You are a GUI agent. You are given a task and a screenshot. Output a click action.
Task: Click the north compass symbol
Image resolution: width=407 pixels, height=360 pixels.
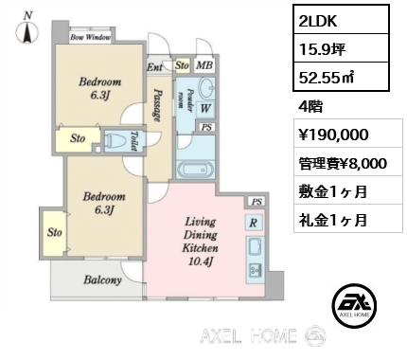click(x=27, y=31)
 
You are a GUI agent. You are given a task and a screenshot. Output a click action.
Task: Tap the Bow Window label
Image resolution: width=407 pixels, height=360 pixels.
click(x=90, y=37)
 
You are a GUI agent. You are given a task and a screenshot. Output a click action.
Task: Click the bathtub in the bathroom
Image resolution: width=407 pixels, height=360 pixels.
click(x=195, y=170)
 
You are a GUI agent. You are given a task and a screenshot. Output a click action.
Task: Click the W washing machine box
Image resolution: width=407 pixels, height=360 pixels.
click(x=205, y=109)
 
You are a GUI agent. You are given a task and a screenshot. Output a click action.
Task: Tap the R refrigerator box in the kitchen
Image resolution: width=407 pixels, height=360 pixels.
click(x=254, y=223)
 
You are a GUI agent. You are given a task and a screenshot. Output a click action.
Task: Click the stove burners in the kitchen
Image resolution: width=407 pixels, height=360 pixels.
click(x=255, y=270)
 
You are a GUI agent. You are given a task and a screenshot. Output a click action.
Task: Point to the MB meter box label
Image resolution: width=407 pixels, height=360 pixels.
click(x=204, y=65)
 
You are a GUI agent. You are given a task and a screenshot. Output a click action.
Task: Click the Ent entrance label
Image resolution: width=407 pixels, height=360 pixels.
click(x=154, y=67)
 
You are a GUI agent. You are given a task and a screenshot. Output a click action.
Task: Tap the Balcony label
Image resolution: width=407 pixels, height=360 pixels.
click(x=102, y=280)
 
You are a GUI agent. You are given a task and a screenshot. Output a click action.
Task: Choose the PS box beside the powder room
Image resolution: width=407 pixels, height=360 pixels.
click(x=206, y=127)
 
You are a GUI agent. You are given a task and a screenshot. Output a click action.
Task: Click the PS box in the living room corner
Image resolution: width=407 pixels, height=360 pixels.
click(x=257, y=202)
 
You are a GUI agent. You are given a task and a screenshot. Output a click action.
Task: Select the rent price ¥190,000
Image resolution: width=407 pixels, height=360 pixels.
click(x=334, y=135)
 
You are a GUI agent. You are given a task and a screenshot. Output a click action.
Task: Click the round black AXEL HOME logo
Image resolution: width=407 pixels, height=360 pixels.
click(x=354, y=305)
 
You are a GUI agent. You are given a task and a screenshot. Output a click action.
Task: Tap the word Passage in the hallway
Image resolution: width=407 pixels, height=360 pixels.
click(x=158, y=105)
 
